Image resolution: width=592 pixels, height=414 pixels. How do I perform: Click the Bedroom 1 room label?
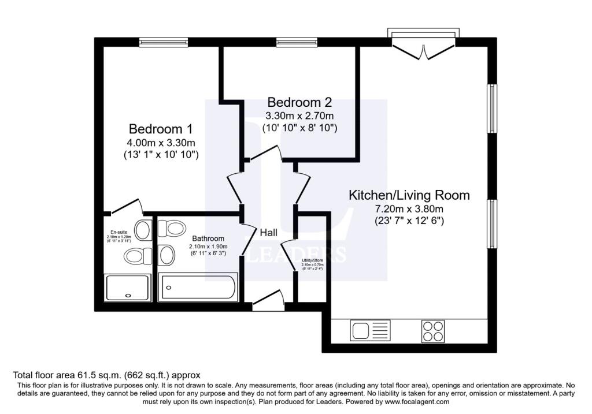point(160,128)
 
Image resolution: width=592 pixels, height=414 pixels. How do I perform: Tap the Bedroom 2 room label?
point(298,102)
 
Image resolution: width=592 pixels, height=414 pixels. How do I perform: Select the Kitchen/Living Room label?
point(408,195)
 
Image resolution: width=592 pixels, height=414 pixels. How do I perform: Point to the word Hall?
point(268,233)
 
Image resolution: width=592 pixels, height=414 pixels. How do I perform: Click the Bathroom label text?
point(208,238)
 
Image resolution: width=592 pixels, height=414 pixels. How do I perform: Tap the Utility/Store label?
point(313,260)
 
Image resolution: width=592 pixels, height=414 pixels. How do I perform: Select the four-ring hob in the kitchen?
point(432,331)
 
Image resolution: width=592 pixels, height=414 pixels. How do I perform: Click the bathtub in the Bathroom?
point(199,286)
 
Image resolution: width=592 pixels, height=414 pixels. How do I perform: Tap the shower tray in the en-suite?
point(128,287)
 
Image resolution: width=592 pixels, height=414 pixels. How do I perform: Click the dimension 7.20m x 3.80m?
point(408,208)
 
